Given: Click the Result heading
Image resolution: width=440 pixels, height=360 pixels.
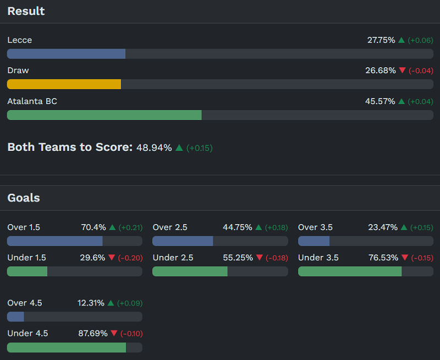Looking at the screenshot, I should pyautogui.click(x=26, y=11).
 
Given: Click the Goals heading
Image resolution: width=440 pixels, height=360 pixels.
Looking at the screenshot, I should pyautogui.click(x=24, y=198).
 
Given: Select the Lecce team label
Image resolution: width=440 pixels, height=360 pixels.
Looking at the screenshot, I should pyautogui.click(x=20, y=40).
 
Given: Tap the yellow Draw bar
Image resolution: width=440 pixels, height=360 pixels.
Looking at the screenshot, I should pyautogui.click(x=64, y=84).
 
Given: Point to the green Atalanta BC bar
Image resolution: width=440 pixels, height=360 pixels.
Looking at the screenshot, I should pyautogui.click(x=104, y=114).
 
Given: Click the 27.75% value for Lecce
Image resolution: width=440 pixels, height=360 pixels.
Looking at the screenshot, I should pyautogui.click(x=381, y=40).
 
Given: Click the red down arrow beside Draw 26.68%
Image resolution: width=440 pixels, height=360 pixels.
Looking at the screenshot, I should pyautogui.click(x=402, y=70).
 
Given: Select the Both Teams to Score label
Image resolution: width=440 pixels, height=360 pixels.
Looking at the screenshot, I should pyautogui.click(x=70, y=147).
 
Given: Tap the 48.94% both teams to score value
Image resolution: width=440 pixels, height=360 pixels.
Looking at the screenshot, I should pyautogui.click(x=154, y=148).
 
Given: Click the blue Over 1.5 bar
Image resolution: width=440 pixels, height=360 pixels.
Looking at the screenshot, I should pyautogui.click(x=54, y=241).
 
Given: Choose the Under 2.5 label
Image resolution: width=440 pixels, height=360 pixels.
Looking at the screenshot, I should pyautogui.click(x=173, y=258).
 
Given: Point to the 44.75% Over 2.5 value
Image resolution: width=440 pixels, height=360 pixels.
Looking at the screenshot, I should pyautogui.click(x=238, y=227).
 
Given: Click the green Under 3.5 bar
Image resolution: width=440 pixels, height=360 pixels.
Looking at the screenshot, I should pyautogui.click(x=350, y=271).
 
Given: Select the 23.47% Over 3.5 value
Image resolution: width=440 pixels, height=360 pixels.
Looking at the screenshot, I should pyautogui.click(x=383, y=227).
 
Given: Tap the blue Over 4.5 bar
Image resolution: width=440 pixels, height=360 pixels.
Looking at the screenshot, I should pyautogui.click(x=15, y=317).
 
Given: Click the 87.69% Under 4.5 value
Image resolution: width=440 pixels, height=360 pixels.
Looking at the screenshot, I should pyautogui.click(x=92, y=333).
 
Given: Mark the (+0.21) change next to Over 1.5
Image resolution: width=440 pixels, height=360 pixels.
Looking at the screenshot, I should pyautogui.click(x=130, y=227).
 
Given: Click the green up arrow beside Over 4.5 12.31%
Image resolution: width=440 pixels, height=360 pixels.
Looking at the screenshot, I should pyautogui.click(x=111, y=303).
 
